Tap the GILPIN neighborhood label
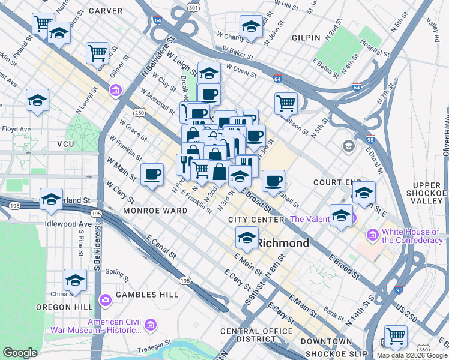tap(306, 38)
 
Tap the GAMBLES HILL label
tap(148, 295)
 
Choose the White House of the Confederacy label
tap(411, 236)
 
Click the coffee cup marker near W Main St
tap(152, 174)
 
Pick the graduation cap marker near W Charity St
tap(251, 26)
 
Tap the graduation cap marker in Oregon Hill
tap(75, 280)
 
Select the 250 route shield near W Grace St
tap(139, 112)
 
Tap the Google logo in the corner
tap(20, 353)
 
